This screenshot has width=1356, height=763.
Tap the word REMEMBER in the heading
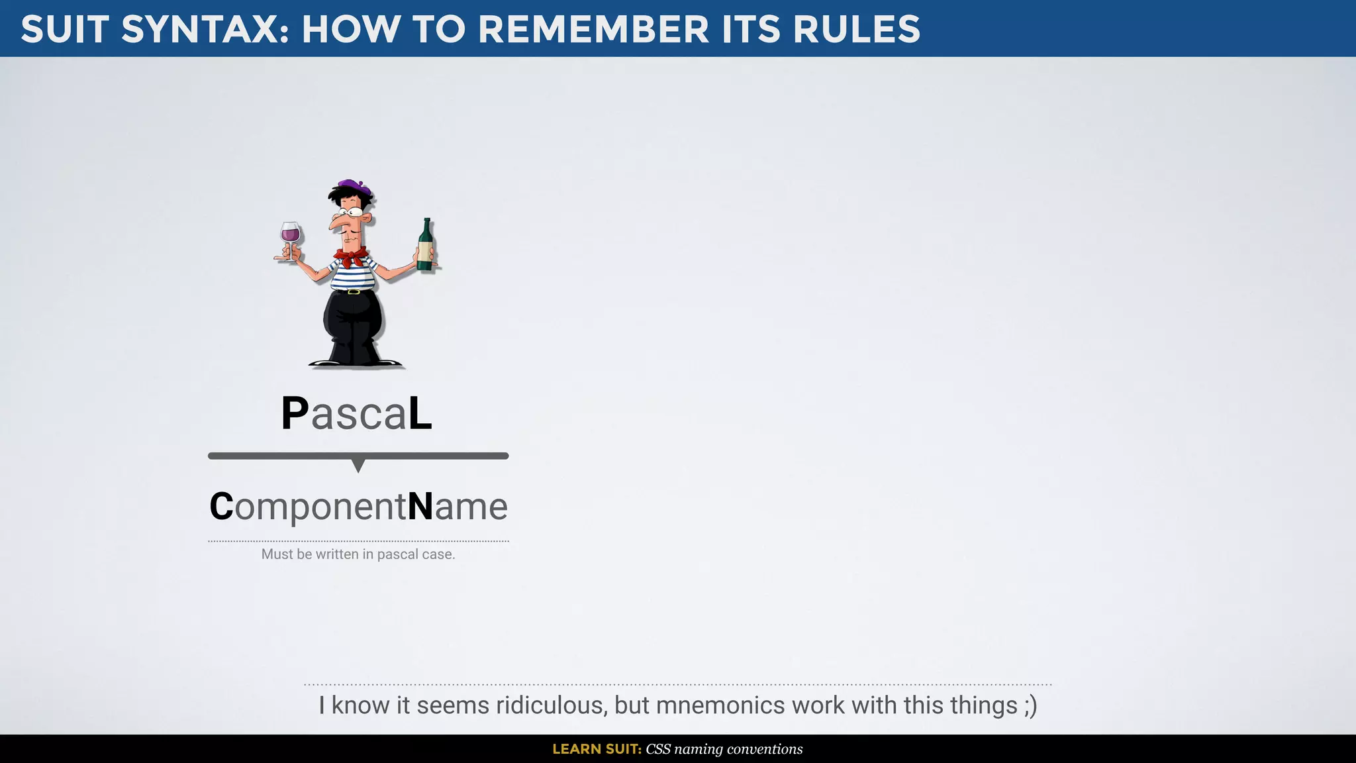593,30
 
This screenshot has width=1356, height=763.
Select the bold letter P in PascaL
295,414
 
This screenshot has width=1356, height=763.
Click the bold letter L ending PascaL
420,414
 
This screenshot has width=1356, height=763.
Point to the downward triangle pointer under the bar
358,465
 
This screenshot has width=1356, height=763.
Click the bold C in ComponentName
221,507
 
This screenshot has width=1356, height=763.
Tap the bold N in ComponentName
420,507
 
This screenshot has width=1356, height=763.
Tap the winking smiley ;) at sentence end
1030,705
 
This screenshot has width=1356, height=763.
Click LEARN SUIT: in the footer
597,749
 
